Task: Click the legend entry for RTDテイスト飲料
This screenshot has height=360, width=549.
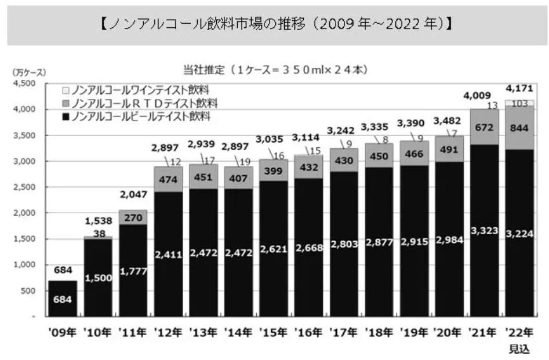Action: [139, 103]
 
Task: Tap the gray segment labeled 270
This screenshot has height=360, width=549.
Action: [133, 219]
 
